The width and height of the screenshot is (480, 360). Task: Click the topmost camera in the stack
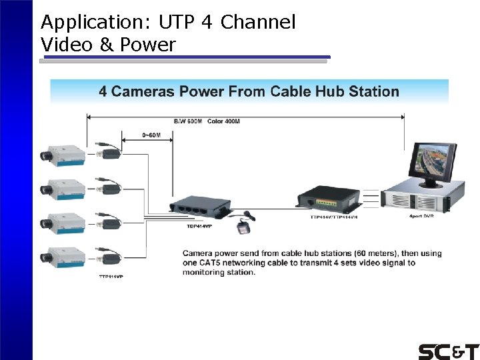(x=63, y=154)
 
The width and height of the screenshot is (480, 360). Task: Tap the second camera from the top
(x=63, y=189)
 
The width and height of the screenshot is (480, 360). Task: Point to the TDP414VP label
(x=199, y=225)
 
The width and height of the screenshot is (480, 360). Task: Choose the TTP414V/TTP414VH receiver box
(x=327, y=199)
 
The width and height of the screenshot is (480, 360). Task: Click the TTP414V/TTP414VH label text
(x=334, y=217)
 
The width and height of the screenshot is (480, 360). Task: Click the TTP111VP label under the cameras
(x=111, y=276)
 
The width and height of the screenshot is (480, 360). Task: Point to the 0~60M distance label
(x=151, y=135)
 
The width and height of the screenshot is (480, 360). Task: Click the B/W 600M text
(x=187, y=121)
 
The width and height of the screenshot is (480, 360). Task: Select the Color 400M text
(x=224, y=121)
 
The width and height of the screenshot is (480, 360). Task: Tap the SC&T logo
(x=448, y=351)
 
